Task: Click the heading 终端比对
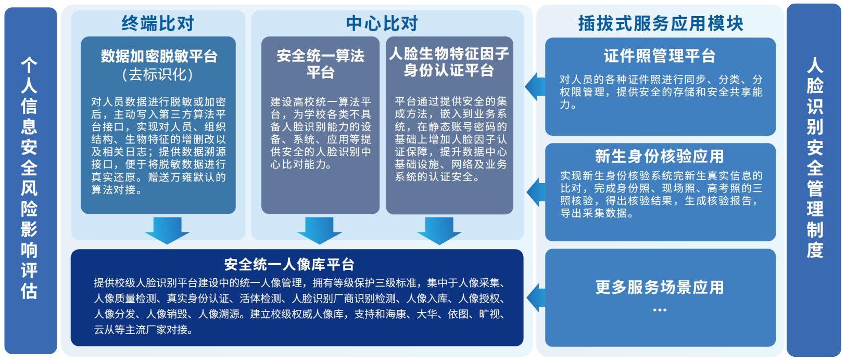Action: point(158,23)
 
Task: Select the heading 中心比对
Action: point(382,23)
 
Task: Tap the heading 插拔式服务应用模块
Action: point(661,23)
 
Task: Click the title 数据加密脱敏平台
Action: point(159,56)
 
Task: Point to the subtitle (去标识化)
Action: point(158,74)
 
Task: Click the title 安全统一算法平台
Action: point(320,63)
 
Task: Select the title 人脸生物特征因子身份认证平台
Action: point(449,61)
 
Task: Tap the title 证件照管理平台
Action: point(660,56)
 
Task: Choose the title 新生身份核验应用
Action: point(660,156)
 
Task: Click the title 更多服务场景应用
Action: point(660,287)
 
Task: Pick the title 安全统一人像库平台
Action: point(289,264)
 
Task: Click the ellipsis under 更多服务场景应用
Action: point(660,310)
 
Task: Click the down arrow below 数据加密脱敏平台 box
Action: point(167,230)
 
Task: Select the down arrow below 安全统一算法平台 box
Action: point(320,230)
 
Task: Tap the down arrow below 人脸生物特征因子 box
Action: point(439,230)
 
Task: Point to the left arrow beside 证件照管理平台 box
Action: point(535,86)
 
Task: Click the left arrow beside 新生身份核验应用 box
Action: point(536,192)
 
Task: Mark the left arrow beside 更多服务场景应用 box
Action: point(536,298)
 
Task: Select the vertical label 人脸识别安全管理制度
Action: point(815,158)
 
